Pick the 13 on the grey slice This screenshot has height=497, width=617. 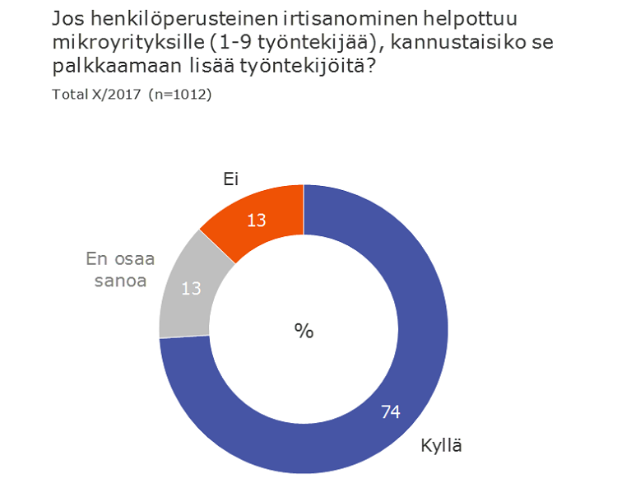click(x=191, y=289)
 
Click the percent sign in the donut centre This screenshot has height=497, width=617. click(x=304, y=332)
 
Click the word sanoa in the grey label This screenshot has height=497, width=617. click(x=115, y=281)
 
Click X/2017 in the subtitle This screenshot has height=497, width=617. click(x=115, y=95)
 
